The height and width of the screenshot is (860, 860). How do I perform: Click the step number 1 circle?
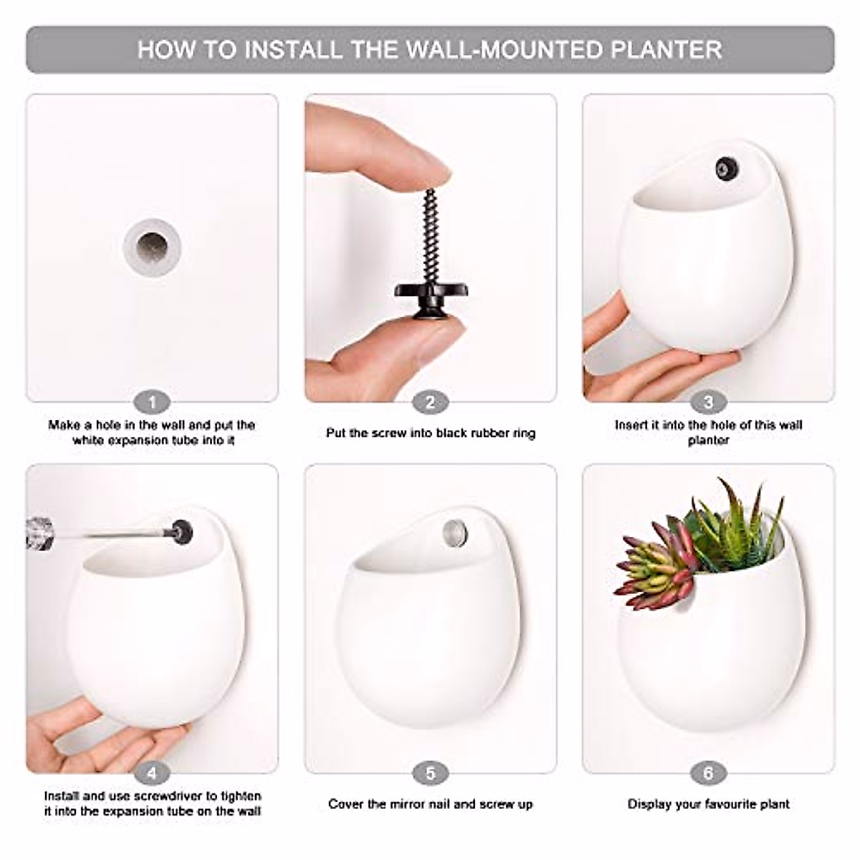pyautogui.click(x=151, y=402)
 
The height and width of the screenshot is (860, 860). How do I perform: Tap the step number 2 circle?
pyautogui.click(x=430, y=402)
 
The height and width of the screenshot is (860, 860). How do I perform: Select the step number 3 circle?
pyautogui.click(x=708, y=402)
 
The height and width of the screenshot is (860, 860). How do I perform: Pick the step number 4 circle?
pyautogui.click(x=151, y=773)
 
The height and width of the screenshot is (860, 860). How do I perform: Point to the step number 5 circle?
pyautogui.click(x=430, y=773)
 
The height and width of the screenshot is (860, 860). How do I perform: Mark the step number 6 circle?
pyautogui.click(x=708, y=773)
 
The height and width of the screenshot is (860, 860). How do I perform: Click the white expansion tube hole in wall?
pyautogui.click(x=151, y=248)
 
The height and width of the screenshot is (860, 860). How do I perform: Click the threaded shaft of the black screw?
pyautogui.click(x=431, y=236)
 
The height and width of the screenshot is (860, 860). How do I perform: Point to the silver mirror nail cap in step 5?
pyautogui.click(x=454, y=532)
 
